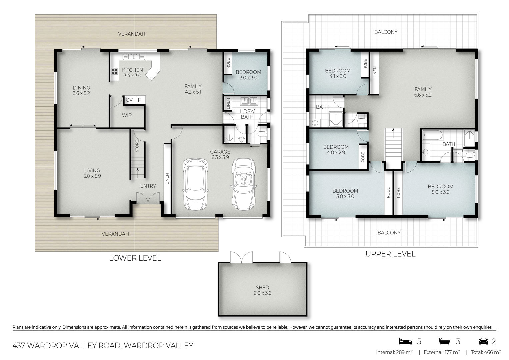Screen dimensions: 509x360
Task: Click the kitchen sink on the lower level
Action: (x=134, y=56)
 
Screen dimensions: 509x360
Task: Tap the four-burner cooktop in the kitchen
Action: (x=115, y=71)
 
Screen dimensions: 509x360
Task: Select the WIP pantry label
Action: (x=127, y=115)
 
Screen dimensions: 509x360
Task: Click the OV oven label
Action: (x=129, y=100)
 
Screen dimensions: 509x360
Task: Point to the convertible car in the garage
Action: (x=243, y=184)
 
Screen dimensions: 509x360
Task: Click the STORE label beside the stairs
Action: (x=137, y=146)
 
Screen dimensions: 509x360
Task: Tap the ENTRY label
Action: (x=148, y=186)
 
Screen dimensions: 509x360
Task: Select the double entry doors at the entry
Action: (x=148, y=198)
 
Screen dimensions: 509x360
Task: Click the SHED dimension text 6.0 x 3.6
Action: (x=262, y=293)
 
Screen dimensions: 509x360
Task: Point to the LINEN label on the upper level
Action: (x=375, y=72)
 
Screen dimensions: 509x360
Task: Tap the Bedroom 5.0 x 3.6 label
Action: (x=440, y=189)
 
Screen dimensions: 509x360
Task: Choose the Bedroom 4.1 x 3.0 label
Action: (x=338, y=73)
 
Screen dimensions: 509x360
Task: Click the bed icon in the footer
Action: (x=405, y=341)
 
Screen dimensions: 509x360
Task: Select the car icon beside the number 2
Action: (x=483, y=341)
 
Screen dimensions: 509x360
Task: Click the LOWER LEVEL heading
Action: (x=135, y=258)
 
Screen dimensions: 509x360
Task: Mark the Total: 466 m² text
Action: (x=486, y=352)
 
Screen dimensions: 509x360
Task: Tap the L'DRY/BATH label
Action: (x=247, y=114)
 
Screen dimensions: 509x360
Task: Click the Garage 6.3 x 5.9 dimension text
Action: (x=220, y=157)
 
